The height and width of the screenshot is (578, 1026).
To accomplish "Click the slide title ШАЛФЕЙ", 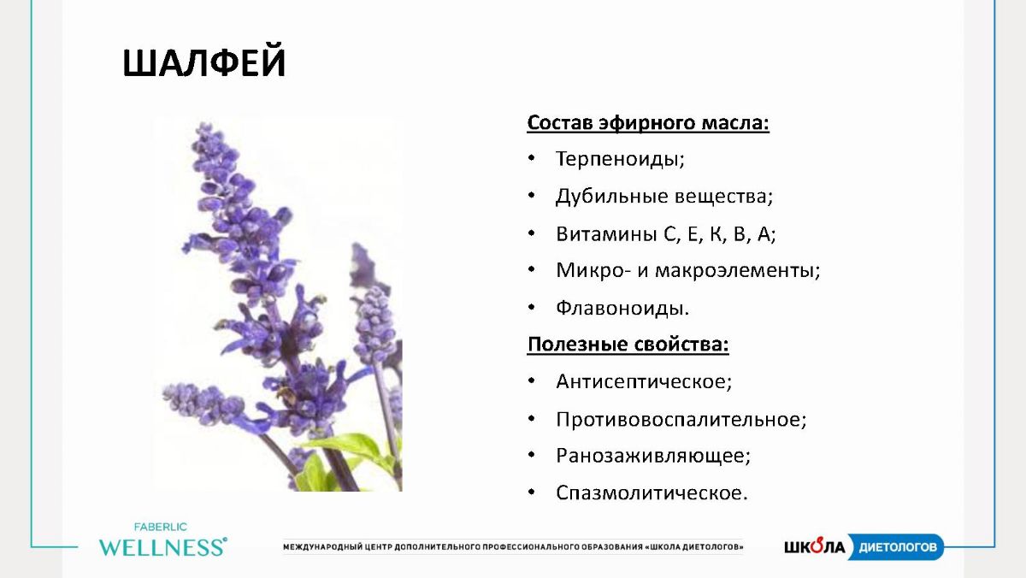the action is [x=203, y=61].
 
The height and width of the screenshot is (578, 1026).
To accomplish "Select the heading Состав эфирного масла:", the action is [x=648, y=123].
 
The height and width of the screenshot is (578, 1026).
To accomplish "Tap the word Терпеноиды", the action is [x=618, y=159].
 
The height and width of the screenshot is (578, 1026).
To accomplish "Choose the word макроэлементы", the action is [x=735, y=270].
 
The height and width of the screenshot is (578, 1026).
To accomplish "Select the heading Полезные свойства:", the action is [x=628, y=344].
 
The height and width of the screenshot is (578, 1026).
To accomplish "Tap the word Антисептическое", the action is [x=642, y=381].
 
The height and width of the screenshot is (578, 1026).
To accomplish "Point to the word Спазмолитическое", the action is [x=650, y=492].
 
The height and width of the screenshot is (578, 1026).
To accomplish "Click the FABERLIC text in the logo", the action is [x=161, y=528].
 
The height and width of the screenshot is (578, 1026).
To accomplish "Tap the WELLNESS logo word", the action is [x=162, y=547].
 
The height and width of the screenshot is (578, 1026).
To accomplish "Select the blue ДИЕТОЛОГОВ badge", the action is [x=895, y=547].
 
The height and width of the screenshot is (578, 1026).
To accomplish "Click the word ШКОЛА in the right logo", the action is [x=814, y=546].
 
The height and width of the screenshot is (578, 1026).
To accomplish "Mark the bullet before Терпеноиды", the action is [x=531, y=158].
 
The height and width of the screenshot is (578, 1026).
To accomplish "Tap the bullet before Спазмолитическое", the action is [x=531, y=492].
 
